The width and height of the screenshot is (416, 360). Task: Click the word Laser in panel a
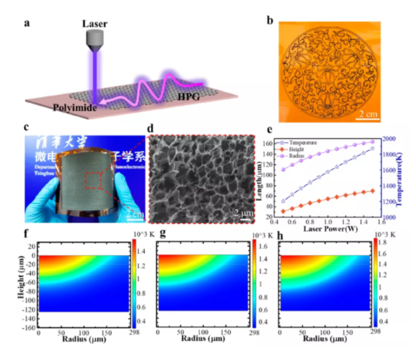[x=96, y=23]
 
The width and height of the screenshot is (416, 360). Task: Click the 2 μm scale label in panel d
[x=244, y=213]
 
